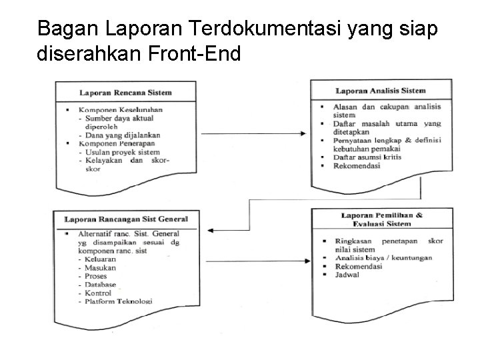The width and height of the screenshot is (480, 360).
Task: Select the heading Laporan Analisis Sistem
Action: (x=380, y=90)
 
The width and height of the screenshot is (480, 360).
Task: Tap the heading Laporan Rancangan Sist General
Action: (x=126, y=219)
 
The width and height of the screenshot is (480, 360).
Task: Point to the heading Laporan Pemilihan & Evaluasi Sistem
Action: (x=381, y=219)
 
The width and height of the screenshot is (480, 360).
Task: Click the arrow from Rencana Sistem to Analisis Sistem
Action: (x=253, y=133)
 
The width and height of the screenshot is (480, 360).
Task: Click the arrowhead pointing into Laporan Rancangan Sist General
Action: (x=211, y=230)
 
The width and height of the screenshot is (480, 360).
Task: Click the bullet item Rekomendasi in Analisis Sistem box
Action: (x=357, y=166)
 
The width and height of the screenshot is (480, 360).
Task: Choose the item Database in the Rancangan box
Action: (x=100, y=284)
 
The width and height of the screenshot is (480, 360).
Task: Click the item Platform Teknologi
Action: (x=118, y=301)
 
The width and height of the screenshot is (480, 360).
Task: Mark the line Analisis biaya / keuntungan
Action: (x=383, y=257)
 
